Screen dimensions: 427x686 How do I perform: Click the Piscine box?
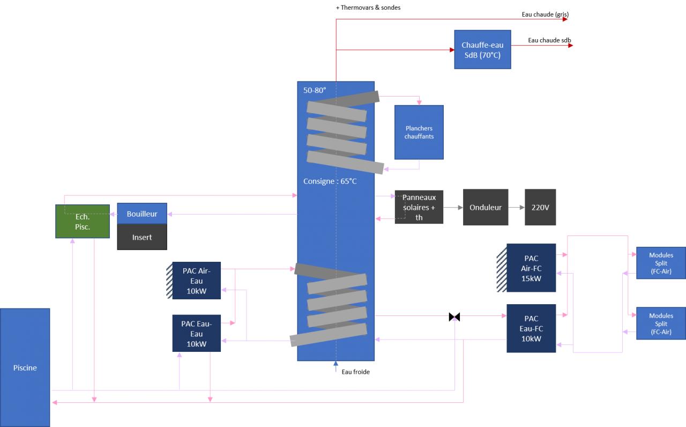click(x=25, y=367)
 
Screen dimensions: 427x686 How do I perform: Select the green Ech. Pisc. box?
click(x=83, y=221)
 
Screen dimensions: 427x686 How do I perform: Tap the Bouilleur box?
click(x=142, y=213)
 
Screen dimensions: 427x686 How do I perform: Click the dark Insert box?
click(x=142, y=237)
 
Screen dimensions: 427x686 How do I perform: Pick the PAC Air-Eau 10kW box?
click(x=197, y=281)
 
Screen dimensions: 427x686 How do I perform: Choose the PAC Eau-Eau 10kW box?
click(x=197, y=333)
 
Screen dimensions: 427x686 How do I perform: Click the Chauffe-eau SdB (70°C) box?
click(x=482, y=49)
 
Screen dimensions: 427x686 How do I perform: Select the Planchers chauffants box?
click(x=419, y=132)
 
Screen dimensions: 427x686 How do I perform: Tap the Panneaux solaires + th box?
click(x=419, y=207)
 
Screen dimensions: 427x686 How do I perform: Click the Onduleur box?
click(x=486, y=207)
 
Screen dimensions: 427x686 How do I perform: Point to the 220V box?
click(x=540, y=207)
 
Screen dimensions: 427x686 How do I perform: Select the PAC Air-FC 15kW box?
click(x=531, y=268)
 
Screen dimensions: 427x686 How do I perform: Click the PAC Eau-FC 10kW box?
click(x=531, y=328)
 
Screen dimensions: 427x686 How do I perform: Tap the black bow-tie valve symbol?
click(x=454, y=317)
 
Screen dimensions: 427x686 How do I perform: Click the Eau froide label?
click(x=355, y=372)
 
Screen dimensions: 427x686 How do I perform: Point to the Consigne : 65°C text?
click(x=330, y=181)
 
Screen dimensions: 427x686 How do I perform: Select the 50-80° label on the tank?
click(x=315, y=91)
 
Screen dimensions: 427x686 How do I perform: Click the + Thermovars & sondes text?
click(x=368, y=8)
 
